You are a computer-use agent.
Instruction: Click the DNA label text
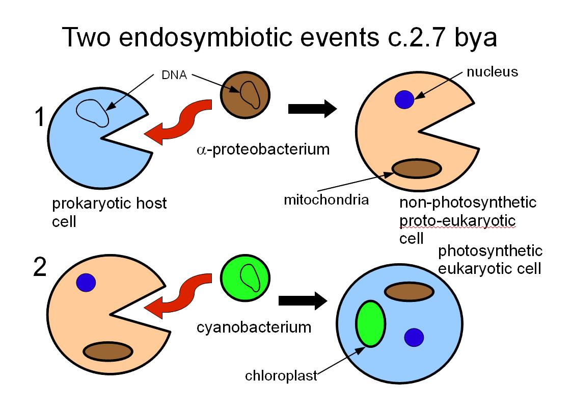(x=174, y=75)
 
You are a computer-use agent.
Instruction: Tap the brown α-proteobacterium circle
(x=245, y=95)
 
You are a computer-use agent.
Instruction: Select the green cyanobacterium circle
(x=245, y=278)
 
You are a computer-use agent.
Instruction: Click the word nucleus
(x=493, y=72)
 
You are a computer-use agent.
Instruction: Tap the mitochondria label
(x=326, y=200)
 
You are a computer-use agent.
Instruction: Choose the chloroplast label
(x=281, y=376)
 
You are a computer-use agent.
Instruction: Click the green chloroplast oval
(x=371, y=323)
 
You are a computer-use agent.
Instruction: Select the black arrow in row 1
(x=312, y=109)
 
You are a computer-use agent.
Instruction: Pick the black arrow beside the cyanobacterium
(x=303, y=301)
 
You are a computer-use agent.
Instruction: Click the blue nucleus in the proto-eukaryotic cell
(x=404, y=99)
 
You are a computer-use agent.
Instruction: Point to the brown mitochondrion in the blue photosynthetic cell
(x=409, y=292)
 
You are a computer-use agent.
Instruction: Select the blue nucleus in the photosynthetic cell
(x=414, y=337)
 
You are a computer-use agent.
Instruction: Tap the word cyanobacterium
(x=254, y=327)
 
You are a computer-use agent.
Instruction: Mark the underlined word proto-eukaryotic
(x=457, y=221)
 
